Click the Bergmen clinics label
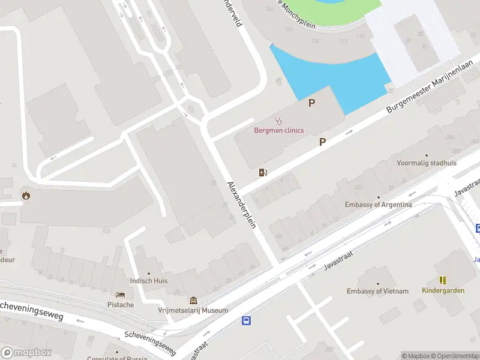point(279,130)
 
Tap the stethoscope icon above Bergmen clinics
point(278,121)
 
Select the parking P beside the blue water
point(311,103)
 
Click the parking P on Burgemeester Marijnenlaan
point(322,142)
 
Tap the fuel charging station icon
point(262,173)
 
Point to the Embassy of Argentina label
point(378,205)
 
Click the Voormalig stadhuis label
point(426,163)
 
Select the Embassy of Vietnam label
point(377,291)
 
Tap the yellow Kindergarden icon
point(443,280)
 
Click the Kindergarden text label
point(443,290)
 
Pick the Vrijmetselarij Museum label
point(193,310)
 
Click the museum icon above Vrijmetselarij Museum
point(193,300)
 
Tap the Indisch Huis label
point(149,280)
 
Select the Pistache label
point(121,305)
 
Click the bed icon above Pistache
point(121,295)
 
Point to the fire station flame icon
point(25,194)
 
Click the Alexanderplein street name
point(242,204)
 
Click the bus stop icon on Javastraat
point(246,321)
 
